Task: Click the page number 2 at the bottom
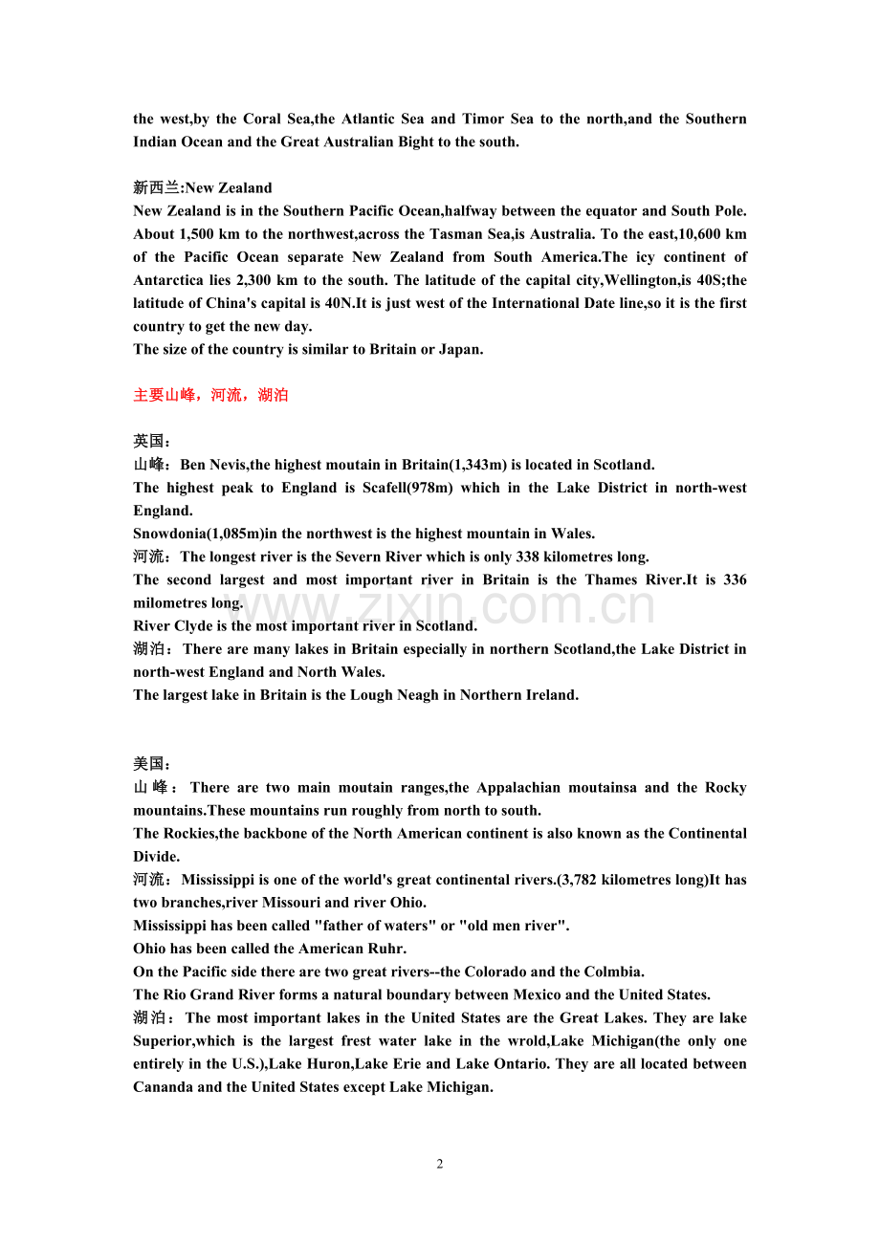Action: pyautogui.click(x=440, y=1164)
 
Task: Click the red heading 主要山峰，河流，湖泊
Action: pyautogui.click(x=210, y=395)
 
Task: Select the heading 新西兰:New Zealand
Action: pyautogui.click(x=203, y=187)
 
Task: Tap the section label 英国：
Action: pyautogui.click(x=153, y=442)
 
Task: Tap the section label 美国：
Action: pyautogui.click(x=153, y=764)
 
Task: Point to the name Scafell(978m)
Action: pyautogui.click(x=406, y=488)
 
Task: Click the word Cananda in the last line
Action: pyautogui.click(x=163, y=1086)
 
